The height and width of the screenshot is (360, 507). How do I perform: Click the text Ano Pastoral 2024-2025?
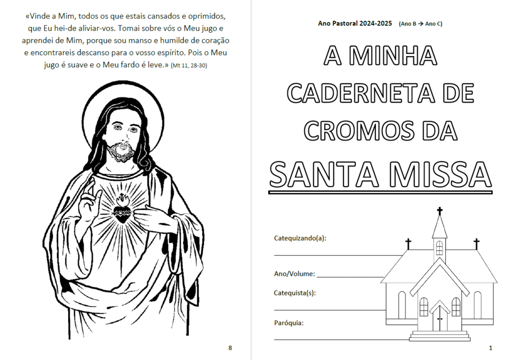click(355, 24)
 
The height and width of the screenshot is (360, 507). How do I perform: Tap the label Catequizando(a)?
click(300, 238)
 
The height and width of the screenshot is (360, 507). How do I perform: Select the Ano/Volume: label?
click(294, 274)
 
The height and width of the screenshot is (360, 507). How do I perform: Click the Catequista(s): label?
click(295, 293)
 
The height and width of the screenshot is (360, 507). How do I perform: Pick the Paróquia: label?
click(288, 322)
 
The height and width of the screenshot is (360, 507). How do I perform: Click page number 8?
click(230, 347)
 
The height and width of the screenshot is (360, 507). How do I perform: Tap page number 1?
click(491, 347)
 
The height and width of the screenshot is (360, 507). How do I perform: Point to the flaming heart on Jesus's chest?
click(123, 211)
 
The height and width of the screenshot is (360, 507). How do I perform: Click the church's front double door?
click(439, 320)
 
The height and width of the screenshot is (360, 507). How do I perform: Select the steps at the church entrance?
click(439, 336)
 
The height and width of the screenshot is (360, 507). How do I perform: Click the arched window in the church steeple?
click(439, 247)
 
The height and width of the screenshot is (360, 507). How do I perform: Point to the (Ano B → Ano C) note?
click(421, 24)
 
